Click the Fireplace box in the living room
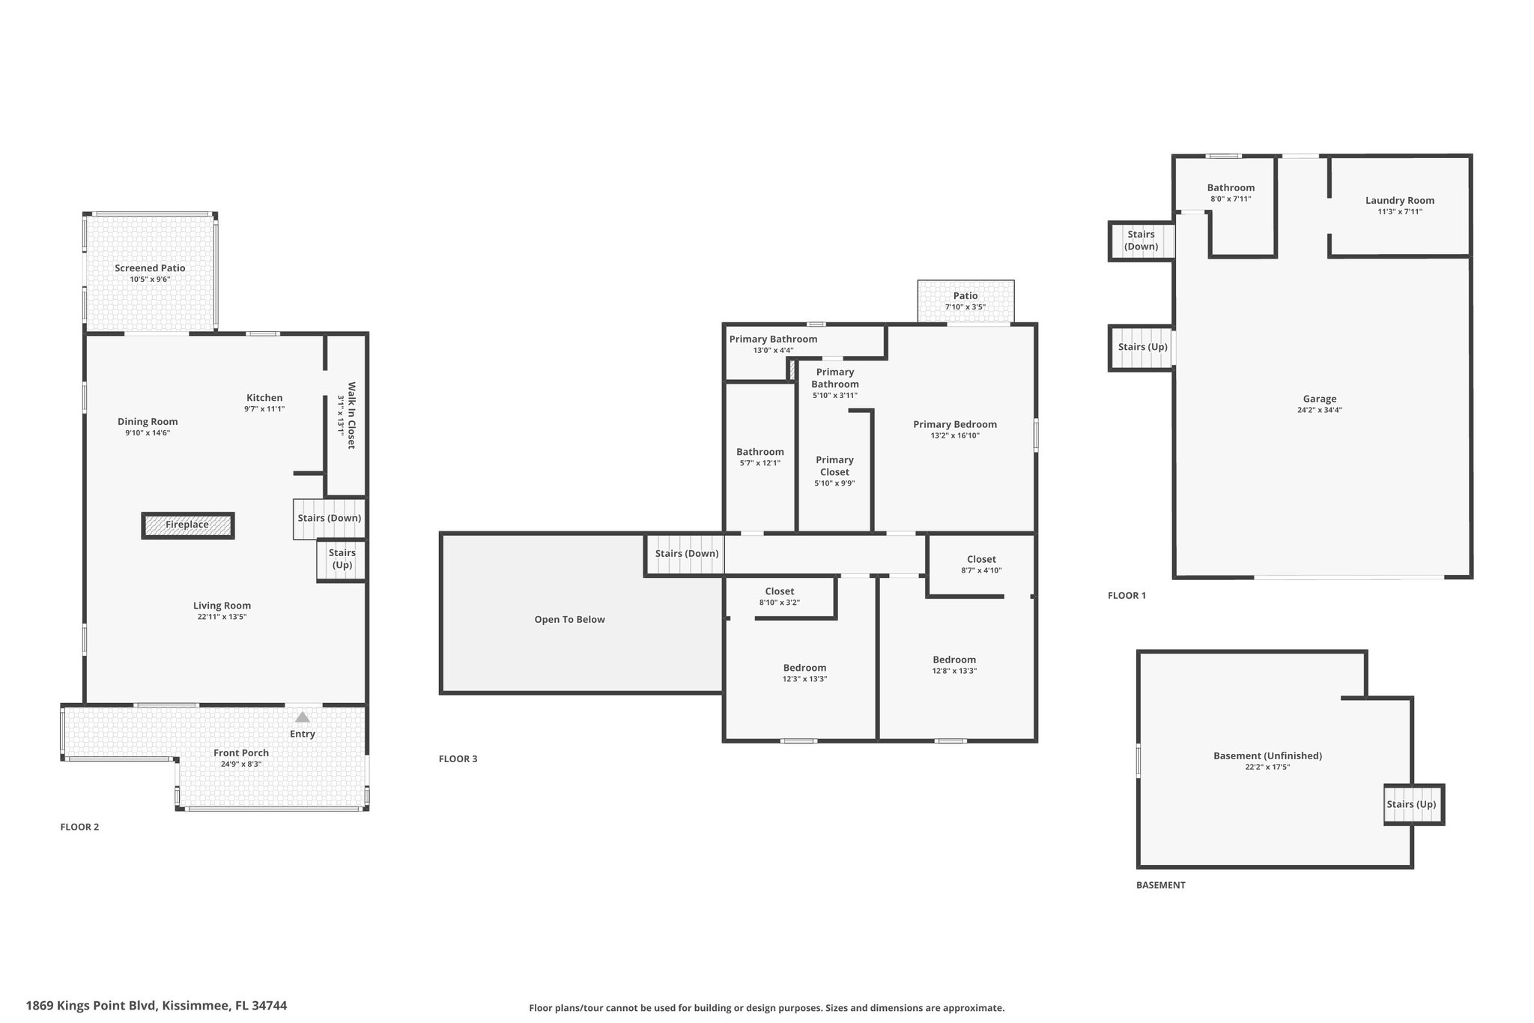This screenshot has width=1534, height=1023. [x=188, y=525]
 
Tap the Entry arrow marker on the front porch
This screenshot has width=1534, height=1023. [x=303, y=717]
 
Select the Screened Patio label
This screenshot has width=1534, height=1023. [x=150, y=268]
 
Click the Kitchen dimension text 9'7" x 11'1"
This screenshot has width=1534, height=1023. [x=264, y=409]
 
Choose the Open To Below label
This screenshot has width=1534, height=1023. [x=569, y=620]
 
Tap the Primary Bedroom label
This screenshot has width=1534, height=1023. [x=955, y=424]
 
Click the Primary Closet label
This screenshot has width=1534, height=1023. [x=834, y=466]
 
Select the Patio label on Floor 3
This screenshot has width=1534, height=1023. [x=965, y=296]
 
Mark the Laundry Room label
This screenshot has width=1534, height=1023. [x=1400, y=200]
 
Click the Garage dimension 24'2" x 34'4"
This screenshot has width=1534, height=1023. [x=1319, y=410]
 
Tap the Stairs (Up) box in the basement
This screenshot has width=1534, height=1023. [x=1413, y=805]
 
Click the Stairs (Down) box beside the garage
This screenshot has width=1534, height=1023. [x=1141, y=241]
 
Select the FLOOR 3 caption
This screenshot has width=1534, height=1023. [x=458, y=759]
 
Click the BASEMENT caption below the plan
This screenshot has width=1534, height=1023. [x=1160, y=885]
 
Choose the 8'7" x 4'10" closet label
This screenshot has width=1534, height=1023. [x=981, y=570]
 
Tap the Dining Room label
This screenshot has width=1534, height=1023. [x=148, y=422]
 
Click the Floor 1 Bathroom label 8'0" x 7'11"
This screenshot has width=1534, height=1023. [x=1231, y=199]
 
